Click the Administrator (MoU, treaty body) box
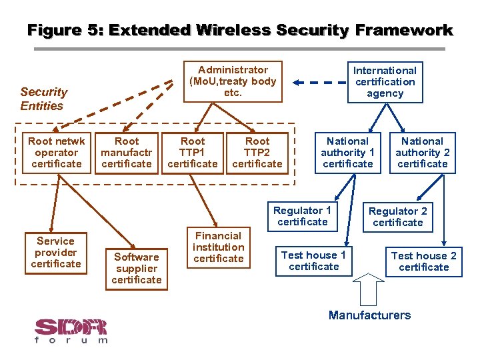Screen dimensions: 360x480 coord(233,81)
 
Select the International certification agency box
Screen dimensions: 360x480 coord(385,82)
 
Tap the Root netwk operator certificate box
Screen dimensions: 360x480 coord(56,153)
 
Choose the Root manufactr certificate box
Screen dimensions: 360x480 coord(127,153)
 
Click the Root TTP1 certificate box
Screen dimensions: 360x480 coord(193,153)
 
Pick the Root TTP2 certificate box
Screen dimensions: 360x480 coord(257,153)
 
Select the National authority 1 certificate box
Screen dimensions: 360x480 coord(347,153)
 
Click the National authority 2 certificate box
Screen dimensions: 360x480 coord(422,153)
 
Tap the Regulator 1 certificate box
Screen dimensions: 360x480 coord(302,216)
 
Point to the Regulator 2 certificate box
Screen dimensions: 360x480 coord(398,217)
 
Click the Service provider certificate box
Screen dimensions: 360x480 coord(56,253)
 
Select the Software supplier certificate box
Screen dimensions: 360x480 coord(137,268)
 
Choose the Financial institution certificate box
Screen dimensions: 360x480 coord(219,247)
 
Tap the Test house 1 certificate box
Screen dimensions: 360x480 coord(313,261)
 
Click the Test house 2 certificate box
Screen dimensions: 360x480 coord(424,261)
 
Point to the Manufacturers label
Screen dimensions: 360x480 coord(369,315)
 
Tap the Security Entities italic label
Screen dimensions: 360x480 coord(43,99)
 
